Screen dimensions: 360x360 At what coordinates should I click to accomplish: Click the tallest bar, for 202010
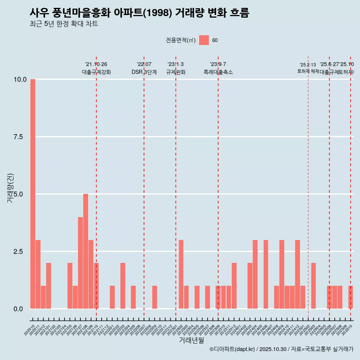[33, 194]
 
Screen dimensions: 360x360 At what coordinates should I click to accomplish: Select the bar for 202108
[85, 251]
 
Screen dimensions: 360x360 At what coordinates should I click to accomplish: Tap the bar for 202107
[80, 263]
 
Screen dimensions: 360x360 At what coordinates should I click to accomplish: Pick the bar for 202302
[181, 274]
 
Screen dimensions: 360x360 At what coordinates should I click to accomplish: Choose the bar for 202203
[123, 286]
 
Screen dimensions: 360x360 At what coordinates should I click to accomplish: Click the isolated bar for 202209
[154, 297]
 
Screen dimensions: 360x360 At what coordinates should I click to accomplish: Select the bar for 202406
[265, 274]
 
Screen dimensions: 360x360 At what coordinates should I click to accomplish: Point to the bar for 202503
[313, 286]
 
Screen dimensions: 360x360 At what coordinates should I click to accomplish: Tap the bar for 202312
[234, 286]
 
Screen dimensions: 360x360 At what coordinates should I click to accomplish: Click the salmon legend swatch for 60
[204, 40]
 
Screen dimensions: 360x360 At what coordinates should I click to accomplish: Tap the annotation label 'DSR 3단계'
[144, 72]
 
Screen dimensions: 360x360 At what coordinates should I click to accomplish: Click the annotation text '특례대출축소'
[218, 72]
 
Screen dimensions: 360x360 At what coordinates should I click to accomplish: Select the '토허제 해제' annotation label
[308, 71]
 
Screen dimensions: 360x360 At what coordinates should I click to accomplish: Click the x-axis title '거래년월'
[191, 340]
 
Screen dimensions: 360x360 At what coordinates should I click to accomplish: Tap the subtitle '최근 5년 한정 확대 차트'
[64, 24]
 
